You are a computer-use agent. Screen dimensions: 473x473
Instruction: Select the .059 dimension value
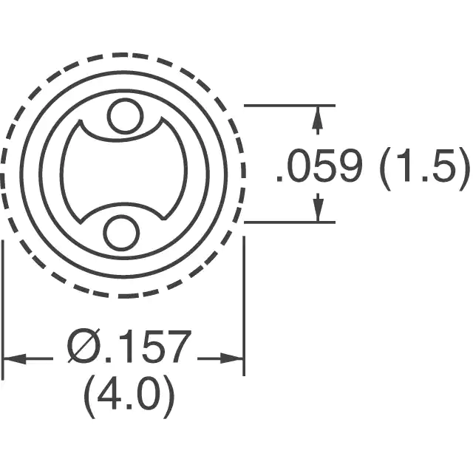(319, 166)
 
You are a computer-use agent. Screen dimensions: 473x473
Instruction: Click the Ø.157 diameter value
(130, 347)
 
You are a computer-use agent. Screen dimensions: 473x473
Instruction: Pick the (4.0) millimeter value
(129, 397)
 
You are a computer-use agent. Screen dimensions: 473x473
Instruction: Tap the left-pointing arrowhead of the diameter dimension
(15, 358)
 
